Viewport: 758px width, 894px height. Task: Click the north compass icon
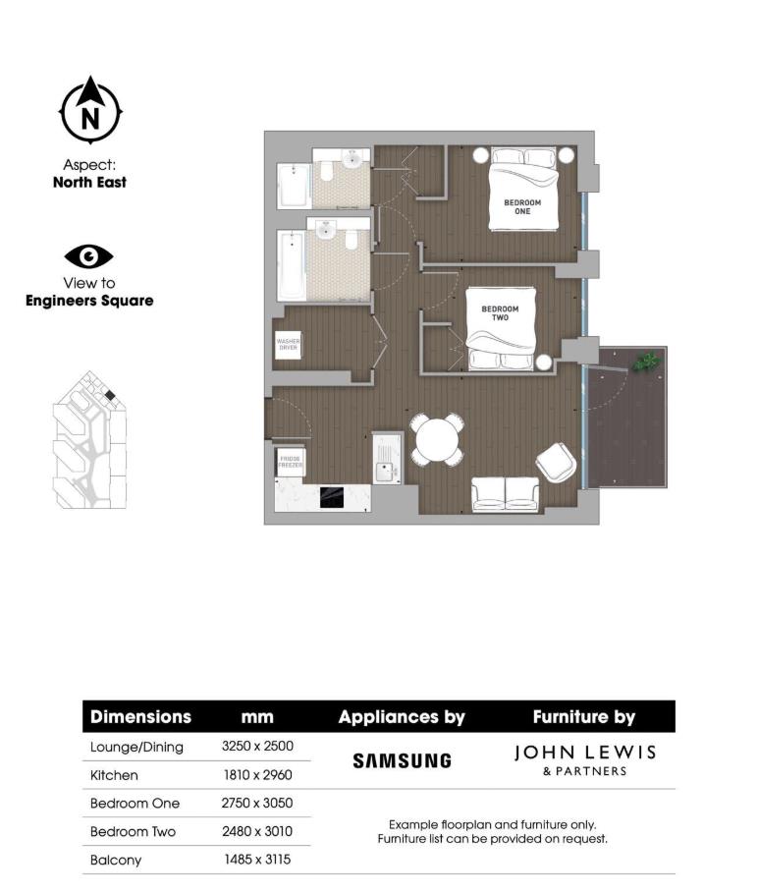[x=89, y=110]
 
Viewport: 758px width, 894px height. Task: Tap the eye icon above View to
[x=89, y=256]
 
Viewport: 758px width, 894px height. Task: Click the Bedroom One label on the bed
[x=522, y=206]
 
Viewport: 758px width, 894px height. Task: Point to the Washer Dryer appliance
[x=288, y=344]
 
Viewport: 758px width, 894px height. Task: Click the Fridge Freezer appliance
[x=290, y=461]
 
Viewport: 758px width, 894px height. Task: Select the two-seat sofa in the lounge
[x=506, y=493]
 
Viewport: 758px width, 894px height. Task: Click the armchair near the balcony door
[x=557, y=462]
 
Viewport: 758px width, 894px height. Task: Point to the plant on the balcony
[x=645, y=362]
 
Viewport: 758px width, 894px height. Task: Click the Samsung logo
[x=402, y=760]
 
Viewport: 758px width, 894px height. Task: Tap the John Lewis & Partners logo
[x=584, y=759]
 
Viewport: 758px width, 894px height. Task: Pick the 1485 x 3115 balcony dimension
[x=257, y=860]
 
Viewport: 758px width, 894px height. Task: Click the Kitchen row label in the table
[x=114, y=775]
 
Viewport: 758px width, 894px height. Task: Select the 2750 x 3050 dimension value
[x=257, y=803]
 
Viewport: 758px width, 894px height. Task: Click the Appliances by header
[x=402, y=717]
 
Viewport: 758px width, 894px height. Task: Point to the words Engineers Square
[x=89, y=301]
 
